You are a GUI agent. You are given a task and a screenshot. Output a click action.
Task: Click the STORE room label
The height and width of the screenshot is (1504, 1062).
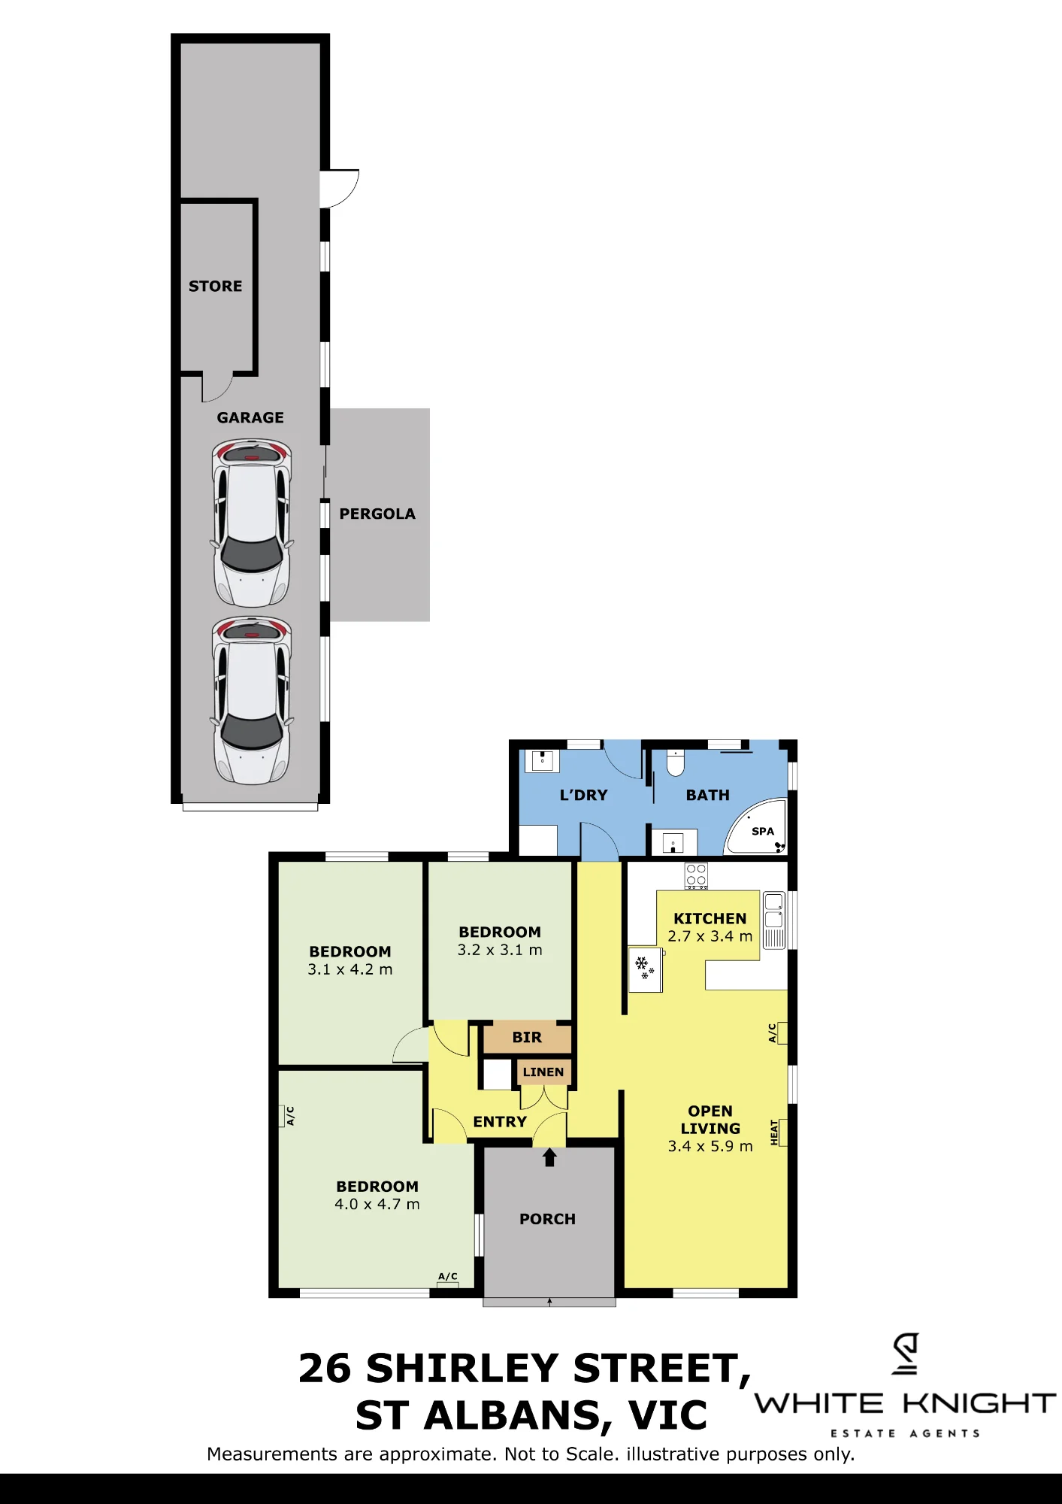click(x=215, y=286)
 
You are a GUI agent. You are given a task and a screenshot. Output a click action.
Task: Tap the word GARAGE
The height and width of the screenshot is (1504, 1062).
click(x=250, y=417)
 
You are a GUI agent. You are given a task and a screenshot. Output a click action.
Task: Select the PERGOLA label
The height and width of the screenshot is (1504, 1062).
click(x=377, y=514)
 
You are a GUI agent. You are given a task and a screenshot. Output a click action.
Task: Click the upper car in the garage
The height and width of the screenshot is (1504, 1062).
click(x=251, y=523)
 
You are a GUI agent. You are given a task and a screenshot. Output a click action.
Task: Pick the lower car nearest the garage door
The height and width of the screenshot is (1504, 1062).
click(x=251, y=700)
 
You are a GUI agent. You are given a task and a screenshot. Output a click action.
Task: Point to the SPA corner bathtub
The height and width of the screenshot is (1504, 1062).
click(x=756, y=827)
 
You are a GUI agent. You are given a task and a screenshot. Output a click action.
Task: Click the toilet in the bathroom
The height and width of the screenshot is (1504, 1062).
click(x=676, y=763)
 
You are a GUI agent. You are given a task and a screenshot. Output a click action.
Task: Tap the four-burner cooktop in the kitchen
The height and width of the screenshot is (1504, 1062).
click(x=696, y=876)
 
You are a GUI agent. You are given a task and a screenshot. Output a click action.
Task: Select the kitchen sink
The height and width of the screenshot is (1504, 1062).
click(x=774, y=920)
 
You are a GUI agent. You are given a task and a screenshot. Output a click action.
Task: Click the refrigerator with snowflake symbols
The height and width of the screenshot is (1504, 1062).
click(x=646, y=969)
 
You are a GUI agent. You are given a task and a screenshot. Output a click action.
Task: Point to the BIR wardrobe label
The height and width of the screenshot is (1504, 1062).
click(x=527, y=1037)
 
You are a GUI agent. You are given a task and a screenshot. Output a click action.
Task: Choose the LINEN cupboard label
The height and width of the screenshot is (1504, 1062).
click(x=543, y=1072)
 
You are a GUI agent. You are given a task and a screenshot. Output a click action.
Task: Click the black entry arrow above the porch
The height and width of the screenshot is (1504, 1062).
click(x=549, y=1157)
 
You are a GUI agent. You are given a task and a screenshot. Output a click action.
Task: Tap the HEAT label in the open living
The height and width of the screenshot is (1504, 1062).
click(x=774, y=1133)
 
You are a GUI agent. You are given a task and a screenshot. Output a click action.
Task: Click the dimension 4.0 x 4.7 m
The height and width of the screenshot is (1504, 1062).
click(x=377, y=1204)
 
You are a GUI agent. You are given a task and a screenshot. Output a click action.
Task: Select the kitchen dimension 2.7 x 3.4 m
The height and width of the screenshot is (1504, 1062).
click(x=710, y=936)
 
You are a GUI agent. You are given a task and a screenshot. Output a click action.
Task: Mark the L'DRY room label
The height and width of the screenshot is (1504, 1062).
click(x=584, y=795)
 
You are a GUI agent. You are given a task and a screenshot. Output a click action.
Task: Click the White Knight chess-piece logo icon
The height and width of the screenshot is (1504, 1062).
click(x=906, y=1354)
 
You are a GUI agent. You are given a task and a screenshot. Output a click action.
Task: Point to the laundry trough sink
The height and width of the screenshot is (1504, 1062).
click(x=543, y=760)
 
